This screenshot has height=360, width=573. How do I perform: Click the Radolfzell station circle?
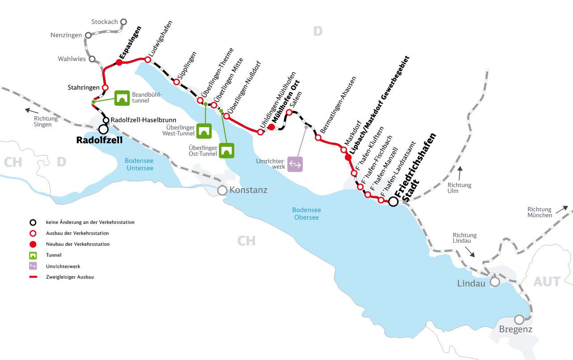click(x=103, y=129)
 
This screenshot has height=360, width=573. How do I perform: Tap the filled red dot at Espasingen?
click(x=120, y=62)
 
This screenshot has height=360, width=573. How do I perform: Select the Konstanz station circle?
click(x=222, y=190)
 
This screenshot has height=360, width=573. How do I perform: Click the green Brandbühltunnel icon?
click(x=122, y=98)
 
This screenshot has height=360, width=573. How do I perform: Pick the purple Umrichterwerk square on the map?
click(x=295, y=164)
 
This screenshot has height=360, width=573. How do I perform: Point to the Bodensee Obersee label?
click(x=306, y=214)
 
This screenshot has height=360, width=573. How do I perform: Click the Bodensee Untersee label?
click(x=139, y=164)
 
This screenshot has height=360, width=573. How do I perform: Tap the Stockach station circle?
click(x=124, y=21)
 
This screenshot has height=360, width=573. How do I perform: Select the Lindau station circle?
click(x=495, y=282)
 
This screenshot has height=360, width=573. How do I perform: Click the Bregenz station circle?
click(x=519, y=320)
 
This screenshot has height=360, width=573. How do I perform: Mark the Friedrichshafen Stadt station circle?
click(x=393, y=202)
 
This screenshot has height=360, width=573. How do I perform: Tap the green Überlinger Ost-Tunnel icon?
click(x=227, y=150)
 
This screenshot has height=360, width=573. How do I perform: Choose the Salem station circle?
click(x=289, y=112)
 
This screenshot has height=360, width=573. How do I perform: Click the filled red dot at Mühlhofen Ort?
click(x=271, y=127)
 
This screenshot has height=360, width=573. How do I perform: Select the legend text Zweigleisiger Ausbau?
click(x=70, y=277)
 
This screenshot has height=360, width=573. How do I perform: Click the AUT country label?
click(x=547, y=282)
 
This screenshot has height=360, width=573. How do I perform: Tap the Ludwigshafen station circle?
click(x=147, y=60)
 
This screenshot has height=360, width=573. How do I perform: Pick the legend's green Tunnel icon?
click(x=33, y=255)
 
